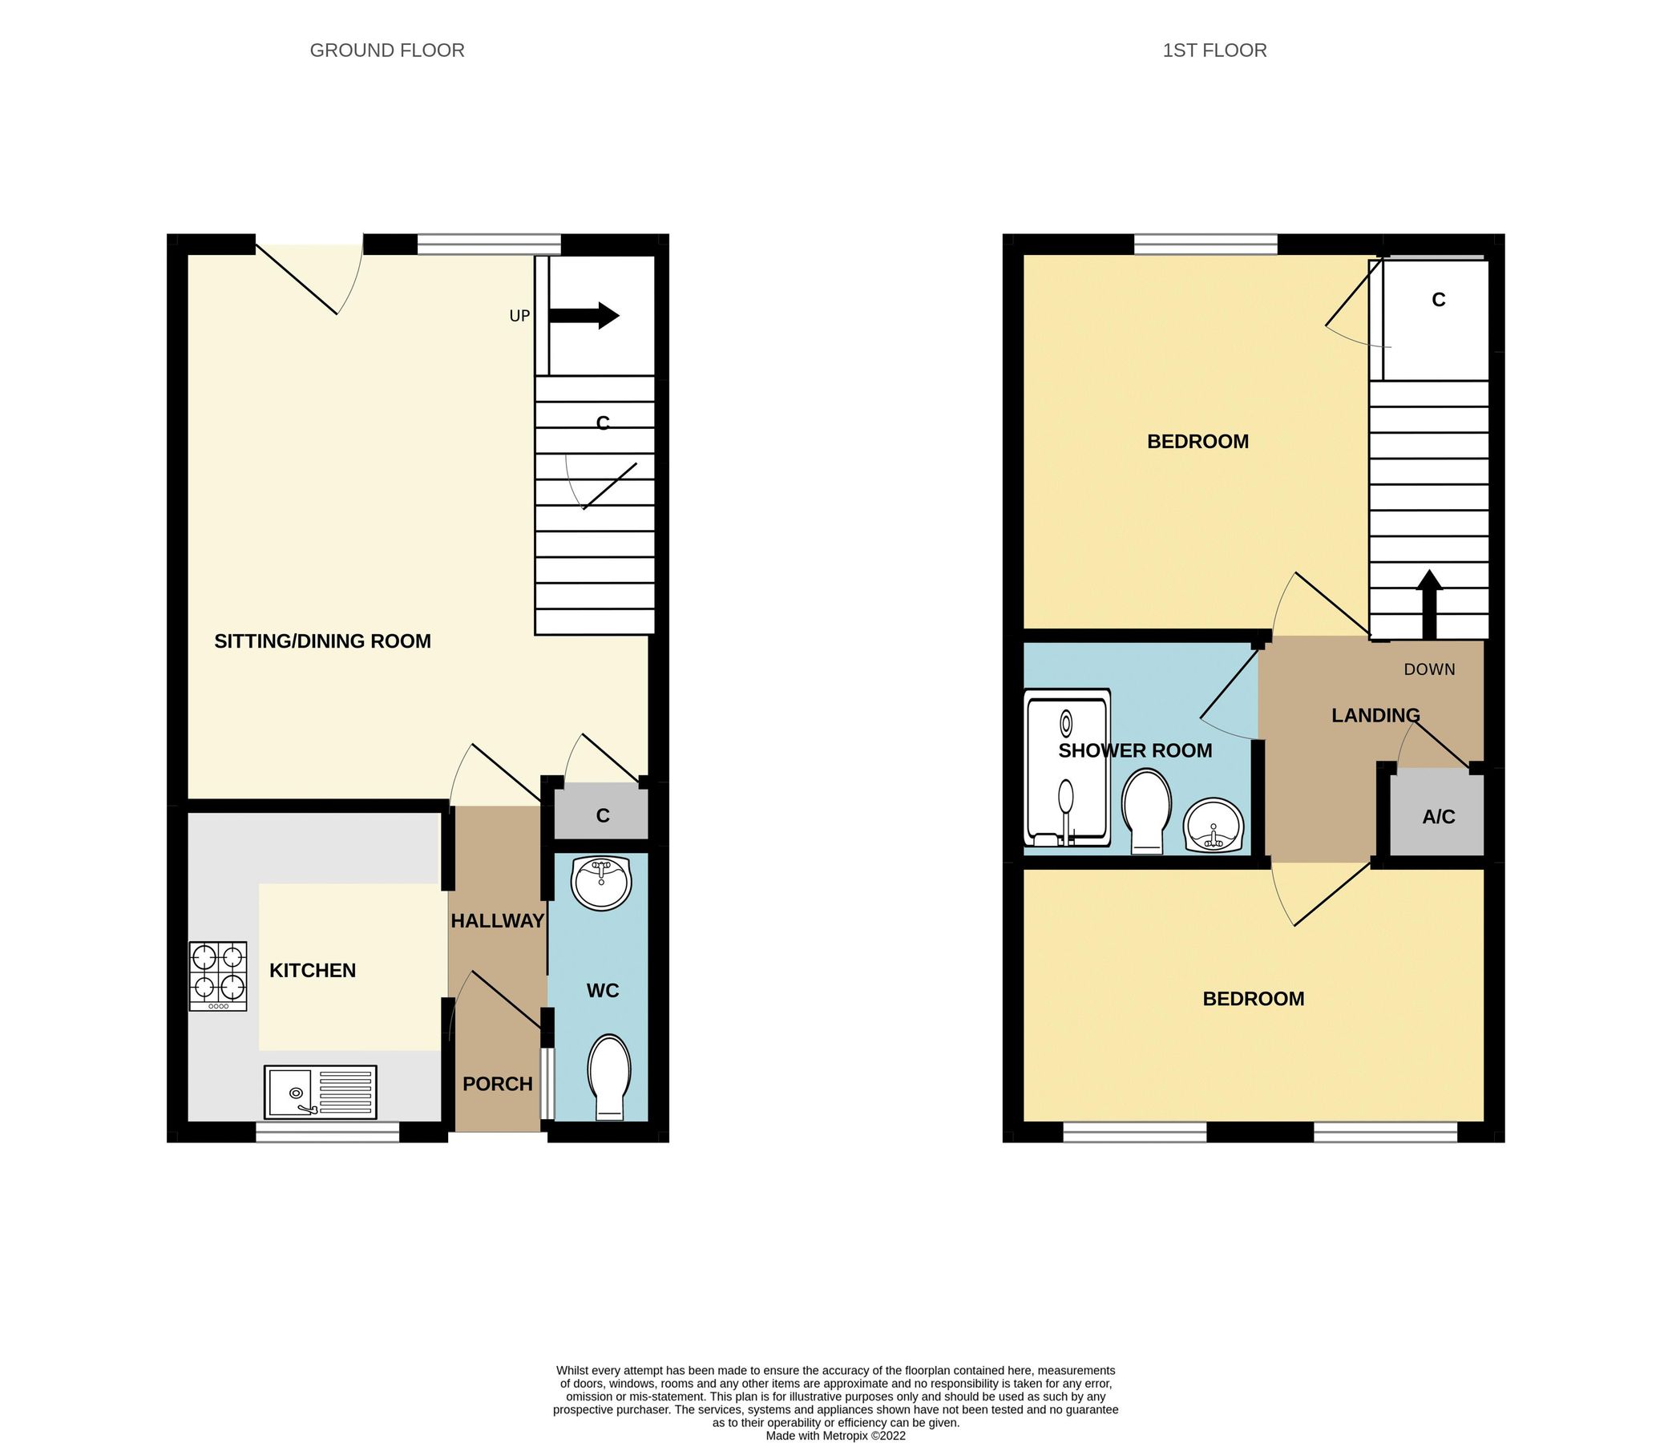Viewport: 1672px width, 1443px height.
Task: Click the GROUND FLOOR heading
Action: pos(386,50)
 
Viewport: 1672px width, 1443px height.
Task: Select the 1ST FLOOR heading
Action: pos(1214,50)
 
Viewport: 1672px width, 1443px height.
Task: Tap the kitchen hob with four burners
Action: pos(218,976)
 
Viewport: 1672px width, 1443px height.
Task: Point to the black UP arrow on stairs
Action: pos(584,316)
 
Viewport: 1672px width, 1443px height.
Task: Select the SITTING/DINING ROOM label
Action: pos(322,641)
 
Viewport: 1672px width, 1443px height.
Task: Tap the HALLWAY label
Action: pos(497,921)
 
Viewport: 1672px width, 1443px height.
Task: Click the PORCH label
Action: pos(497,1084)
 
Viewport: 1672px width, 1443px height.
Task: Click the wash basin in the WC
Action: pos(600,883)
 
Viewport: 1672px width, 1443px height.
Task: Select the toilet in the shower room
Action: pos(1146,810)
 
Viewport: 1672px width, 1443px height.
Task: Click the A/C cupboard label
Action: pos(1438,817)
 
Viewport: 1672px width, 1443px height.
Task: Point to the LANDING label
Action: pos(1375,715)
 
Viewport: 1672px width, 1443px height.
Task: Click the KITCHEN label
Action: pos(313,970)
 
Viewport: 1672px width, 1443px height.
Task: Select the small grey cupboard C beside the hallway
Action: pos(602,815)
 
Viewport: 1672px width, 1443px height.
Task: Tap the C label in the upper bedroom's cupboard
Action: pos(1438,299)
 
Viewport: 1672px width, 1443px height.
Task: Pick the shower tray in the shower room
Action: pos(1067,766)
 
